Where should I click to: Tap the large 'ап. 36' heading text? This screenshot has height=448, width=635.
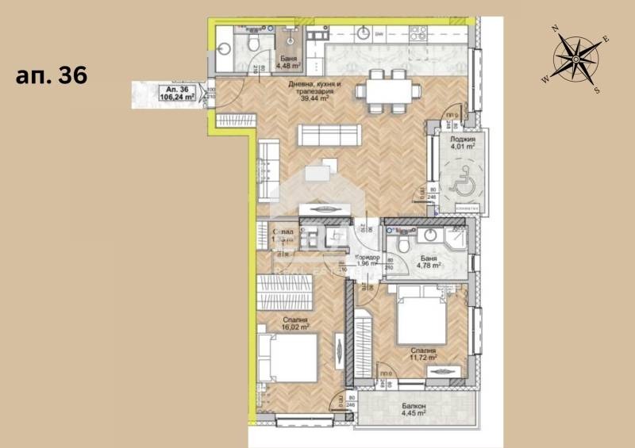pyautogui.click(x=52, y=75)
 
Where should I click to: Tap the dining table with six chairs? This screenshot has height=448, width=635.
pyautogui.click(x=389, y=90)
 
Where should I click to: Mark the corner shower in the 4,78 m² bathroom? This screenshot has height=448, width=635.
pyautogui.click(x=456, y=239)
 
